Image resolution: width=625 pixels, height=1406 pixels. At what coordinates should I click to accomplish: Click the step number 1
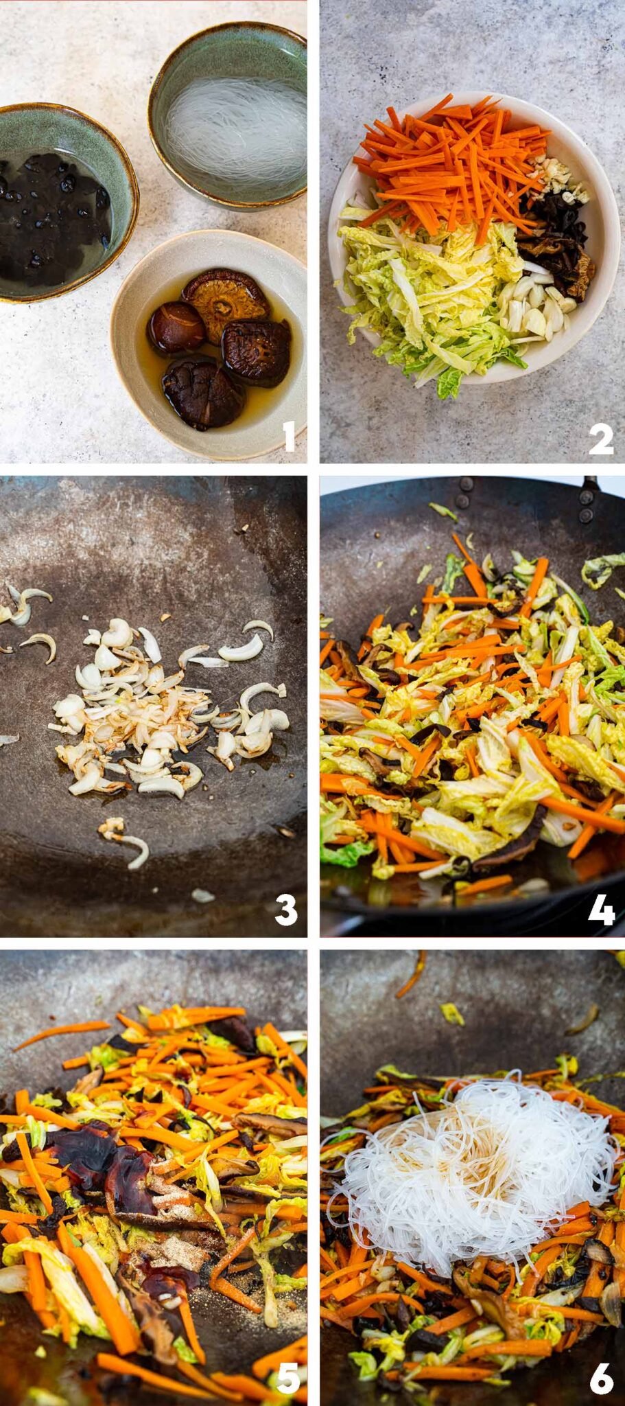tap(289, 437)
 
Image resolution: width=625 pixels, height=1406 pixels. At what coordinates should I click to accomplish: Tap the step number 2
tap(600, 437)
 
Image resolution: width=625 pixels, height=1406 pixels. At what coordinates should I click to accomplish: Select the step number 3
tap(286, 910)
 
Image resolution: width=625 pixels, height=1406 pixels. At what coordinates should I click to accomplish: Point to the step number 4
tap(601, 910)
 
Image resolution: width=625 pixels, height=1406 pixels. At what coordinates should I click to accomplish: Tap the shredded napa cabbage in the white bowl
tap(425, 302)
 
